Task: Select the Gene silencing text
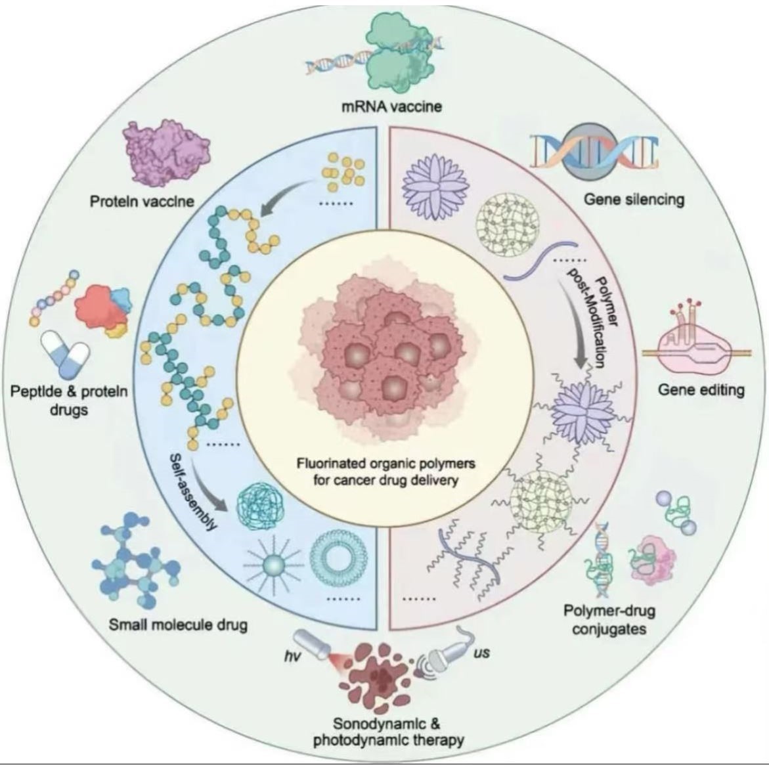pos(634,199)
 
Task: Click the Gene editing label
pos(701,390)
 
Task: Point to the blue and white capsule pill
pos(64,353)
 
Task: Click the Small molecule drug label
pos(179,624)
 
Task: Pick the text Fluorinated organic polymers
pos(385,464)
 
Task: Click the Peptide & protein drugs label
pos(69,401)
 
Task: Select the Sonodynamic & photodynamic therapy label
pos(388,732)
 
